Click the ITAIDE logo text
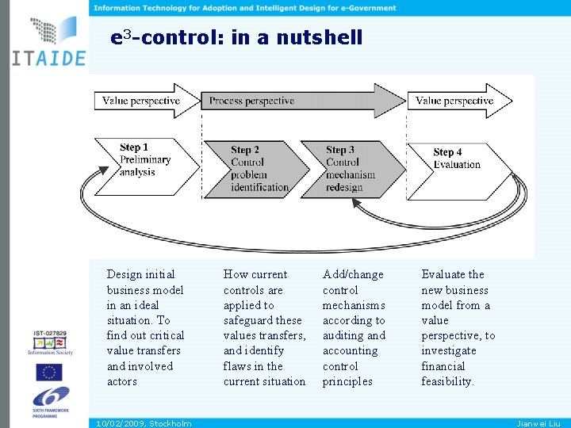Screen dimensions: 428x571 [48, 59]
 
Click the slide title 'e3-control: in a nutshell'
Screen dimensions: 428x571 [236, 37]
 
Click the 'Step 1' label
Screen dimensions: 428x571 [134, 147]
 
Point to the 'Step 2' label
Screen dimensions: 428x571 [245, 150]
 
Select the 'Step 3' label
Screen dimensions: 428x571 [340, 150]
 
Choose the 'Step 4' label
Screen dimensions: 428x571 [447, 152]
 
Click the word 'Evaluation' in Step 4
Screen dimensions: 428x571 [457, 165]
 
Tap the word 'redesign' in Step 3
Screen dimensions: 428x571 [344, 188]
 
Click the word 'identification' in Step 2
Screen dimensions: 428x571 [260, 188]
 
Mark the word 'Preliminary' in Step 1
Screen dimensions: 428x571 [145, 160]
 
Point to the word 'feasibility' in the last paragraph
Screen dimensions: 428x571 [446, 381]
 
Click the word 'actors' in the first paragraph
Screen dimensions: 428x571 [122, 381]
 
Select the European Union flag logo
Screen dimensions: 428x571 [49, 372]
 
